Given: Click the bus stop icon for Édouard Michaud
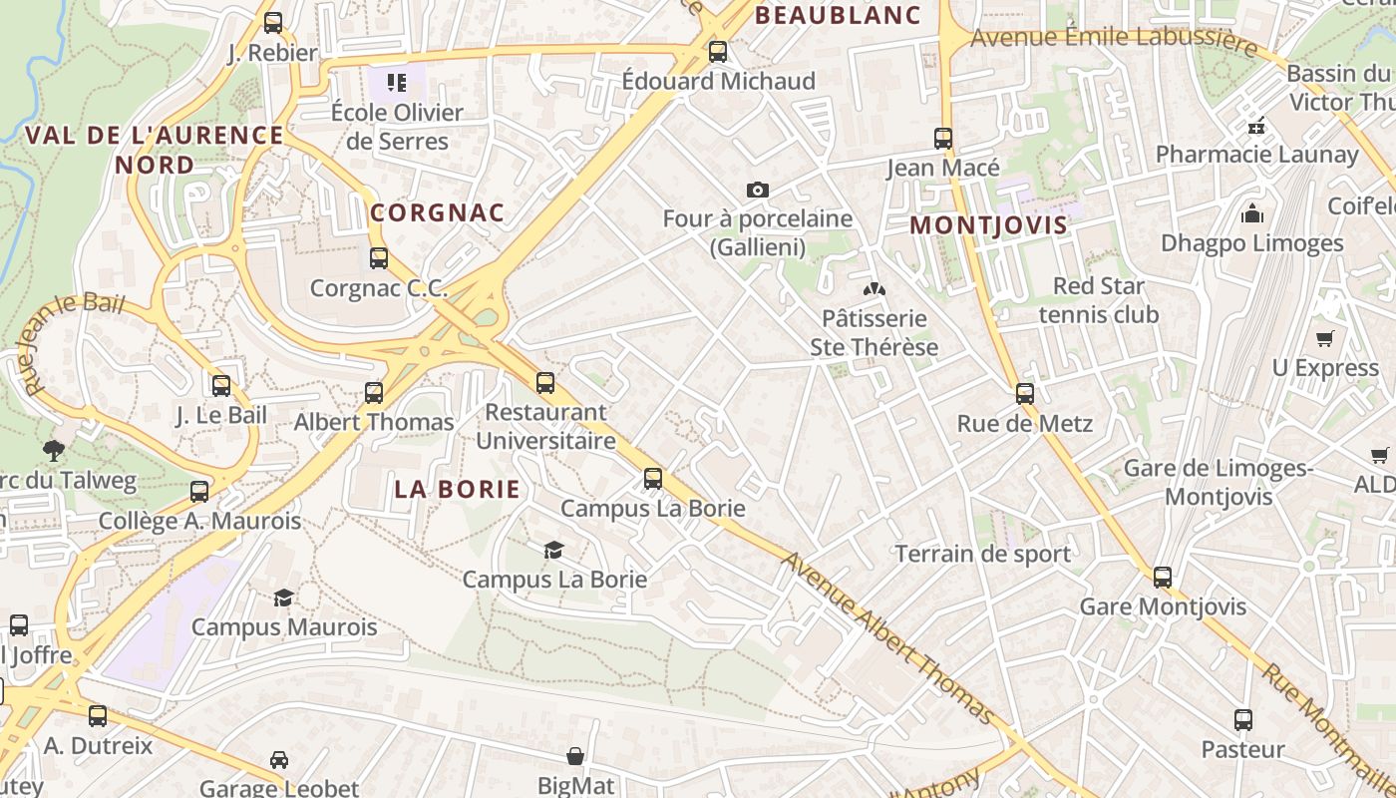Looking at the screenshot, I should pos(718,52).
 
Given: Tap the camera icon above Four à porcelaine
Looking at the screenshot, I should pos(758,190).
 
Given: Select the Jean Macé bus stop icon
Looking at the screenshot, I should pos(943,139).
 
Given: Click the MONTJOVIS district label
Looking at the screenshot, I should pos(988,224).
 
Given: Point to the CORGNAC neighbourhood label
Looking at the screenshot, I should pos(438,212).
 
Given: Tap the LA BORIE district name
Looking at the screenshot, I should pos(457,489).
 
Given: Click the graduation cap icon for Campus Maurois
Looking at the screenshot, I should pos(284,598).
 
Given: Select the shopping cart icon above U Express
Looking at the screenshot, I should pos(1325,339).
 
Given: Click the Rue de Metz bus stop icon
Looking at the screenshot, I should pos(1025,394).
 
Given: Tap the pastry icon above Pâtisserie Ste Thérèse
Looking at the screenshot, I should pos(874,289).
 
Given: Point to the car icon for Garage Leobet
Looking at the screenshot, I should pos(279,760).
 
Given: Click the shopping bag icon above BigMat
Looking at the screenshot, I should pos(575,757).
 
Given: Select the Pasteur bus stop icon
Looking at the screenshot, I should pos(1242,719).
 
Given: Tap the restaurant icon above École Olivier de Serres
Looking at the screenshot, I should pos(397,82).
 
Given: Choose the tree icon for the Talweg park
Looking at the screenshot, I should pos(53,450).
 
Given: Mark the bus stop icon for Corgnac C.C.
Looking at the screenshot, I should pos(379,258).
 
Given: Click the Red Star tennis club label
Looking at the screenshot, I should pos(1099,300).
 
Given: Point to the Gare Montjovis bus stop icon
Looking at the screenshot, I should pos(1163,577).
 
